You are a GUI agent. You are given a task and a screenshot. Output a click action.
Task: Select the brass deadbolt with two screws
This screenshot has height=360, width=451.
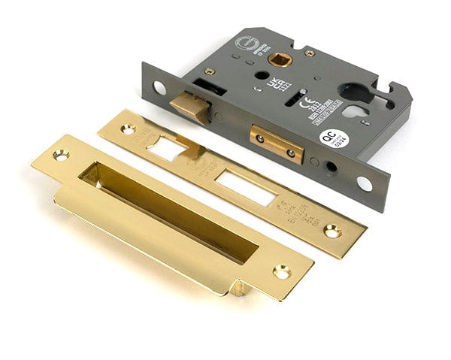point(277,144)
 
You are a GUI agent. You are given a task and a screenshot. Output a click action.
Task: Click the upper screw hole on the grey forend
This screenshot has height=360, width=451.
point(159,88)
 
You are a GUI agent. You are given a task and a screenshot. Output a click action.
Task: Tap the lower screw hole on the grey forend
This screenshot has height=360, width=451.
point(365,183)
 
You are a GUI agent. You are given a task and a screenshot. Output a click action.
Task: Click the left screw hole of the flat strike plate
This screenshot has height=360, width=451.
point(127,129)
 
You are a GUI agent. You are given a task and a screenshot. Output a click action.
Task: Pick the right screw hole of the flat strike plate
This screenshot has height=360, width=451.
point(331,232)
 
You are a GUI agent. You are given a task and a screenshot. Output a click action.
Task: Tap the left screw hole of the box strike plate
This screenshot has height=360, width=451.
point(60,155)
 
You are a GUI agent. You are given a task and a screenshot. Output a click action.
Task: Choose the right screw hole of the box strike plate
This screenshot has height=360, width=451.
point(282,271)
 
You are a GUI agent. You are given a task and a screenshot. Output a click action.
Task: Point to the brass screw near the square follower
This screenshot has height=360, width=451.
point(310,53)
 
